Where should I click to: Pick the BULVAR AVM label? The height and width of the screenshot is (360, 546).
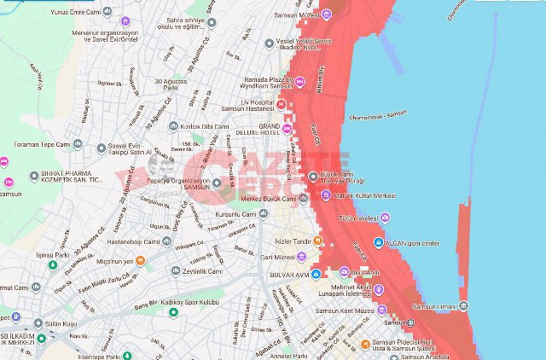289,276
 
